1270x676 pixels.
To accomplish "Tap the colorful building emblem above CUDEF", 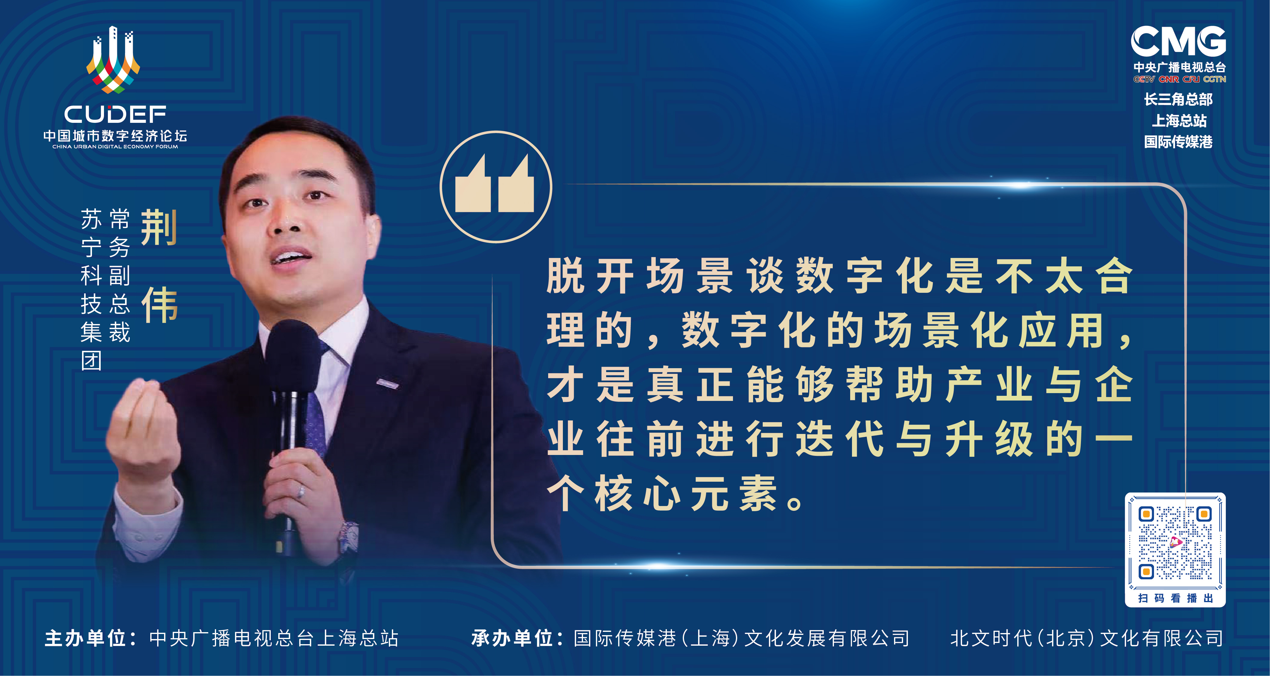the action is (x=113, y=60).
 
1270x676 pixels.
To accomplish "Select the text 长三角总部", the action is (x=1178, y=99).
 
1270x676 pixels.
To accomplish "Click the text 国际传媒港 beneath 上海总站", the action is (x=1178, y=142).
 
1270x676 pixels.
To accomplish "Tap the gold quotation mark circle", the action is (x=496, y=187).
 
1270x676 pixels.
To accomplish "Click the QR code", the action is (x=1175, y=543).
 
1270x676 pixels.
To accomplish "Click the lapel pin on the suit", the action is (x=387, y=383).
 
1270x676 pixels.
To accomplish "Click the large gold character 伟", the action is (x=159, y=305).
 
